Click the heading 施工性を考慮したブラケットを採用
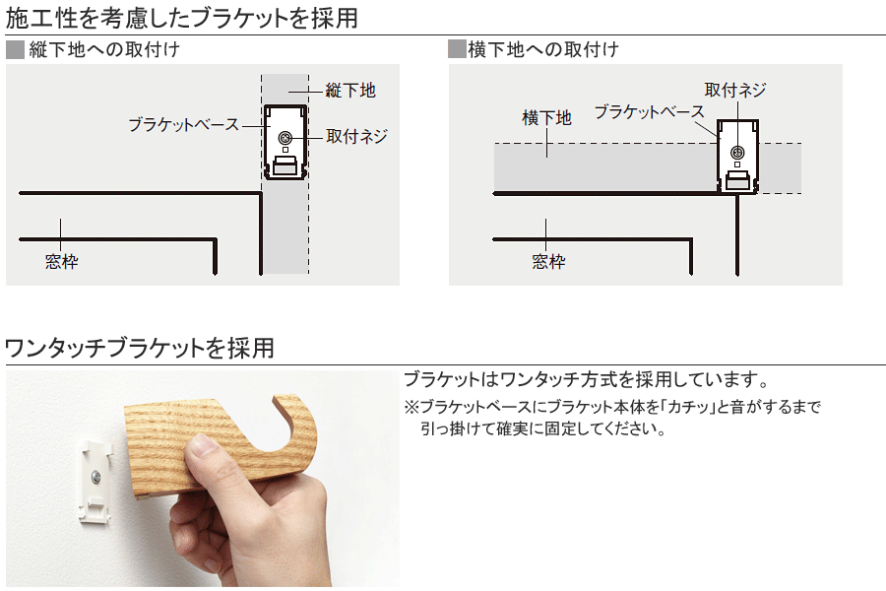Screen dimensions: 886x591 [181, 18]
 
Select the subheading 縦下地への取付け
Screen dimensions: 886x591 [104, 50]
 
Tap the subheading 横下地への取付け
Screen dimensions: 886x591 [543, 50]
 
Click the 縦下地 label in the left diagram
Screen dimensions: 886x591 [350, 91]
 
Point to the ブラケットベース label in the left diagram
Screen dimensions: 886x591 [184, 124]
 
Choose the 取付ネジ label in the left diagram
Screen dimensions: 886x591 [356, 136]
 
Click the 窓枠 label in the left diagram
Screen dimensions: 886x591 [62, 261]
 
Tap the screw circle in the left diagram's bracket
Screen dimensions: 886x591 [285, 138]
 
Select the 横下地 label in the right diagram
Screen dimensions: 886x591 [547, 118]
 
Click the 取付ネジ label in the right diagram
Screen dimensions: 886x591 [735, 90]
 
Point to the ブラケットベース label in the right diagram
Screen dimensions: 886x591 [650, 111]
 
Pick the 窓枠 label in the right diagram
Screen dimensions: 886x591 [548, 261]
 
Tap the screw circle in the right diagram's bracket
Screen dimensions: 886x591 [737, 152]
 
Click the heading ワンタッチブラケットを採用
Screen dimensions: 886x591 [140, 348]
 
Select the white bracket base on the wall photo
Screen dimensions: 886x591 [95, 481]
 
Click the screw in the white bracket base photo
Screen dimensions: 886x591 [95, 478]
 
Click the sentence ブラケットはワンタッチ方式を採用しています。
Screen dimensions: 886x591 [587, 379]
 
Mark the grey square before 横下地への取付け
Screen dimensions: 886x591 [457, 49]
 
